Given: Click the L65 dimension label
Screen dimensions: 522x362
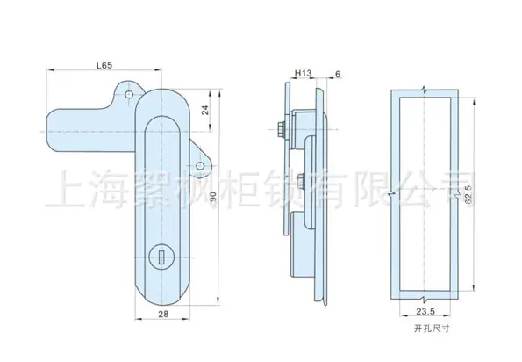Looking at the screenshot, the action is (x=104, y=65).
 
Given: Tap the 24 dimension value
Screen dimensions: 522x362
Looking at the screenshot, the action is (x=205, y=110).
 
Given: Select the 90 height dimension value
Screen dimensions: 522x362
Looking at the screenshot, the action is (x=213, y=196).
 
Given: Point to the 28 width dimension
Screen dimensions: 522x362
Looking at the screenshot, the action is (x=163, y=314).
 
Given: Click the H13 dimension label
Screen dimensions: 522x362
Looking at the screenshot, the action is (x=303, y=73).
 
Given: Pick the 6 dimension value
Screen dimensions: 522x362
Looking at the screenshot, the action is (x=338, y=75).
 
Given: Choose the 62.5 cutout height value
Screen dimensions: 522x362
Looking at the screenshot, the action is (x=468, y=194).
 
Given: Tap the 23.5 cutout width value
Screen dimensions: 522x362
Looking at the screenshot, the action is (x=425, y=311).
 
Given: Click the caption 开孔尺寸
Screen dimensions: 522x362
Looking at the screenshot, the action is (x=432, y=329).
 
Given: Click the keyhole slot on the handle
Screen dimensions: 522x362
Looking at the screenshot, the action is (x=162, y=257).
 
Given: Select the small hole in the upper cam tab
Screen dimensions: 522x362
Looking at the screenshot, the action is (x=129, y=94).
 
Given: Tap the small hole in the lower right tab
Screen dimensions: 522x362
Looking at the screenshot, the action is (x=200, y=166).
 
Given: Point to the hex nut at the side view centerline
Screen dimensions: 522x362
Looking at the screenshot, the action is (x=282, y=130).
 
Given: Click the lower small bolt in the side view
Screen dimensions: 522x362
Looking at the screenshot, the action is (x=301, y=181).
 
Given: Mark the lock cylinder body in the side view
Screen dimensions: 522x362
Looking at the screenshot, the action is (x=303, y=245).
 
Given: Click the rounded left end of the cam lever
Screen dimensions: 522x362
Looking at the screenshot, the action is (x=49, y=131).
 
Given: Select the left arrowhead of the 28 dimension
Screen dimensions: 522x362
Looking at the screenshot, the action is (x=138, y=319).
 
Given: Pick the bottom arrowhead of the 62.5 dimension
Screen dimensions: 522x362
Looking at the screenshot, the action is (x=474, y=288).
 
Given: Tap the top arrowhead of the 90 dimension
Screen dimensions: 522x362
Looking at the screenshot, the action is (x=219, y=92).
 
